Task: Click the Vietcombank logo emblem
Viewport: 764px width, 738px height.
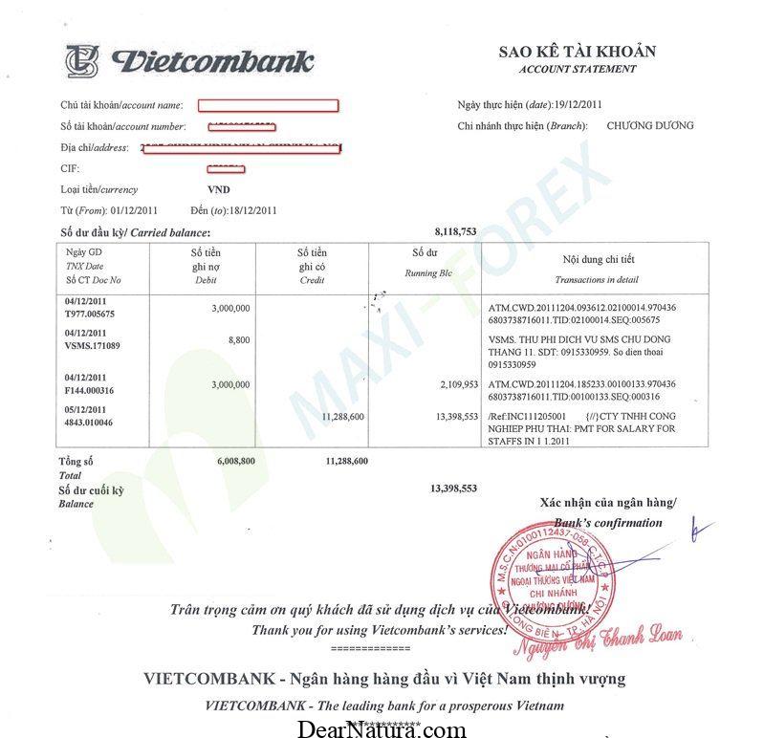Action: pyautogui.click(x=82, y=60)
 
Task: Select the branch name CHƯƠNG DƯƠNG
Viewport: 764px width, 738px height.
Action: pyautogui.click(x=650, y=125)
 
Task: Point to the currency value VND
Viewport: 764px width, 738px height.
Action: pyautogui.click(x=218, y=189)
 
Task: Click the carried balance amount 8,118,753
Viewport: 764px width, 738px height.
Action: pyautogui.click(x=454, y=231)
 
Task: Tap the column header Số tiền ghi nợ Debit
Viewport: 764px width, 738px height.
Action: pyautogui.click(x=207, y=267)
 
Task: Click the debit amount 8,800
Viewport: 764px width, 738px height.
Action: pyautogui.click(x=239, y=339)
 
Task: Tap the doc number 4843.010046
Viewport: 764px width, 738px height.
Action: pyautogui.click(x=89, y=423)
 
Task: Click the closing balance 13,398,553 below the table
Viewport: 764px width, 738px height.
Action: pyautogui.click(x=453, y=488)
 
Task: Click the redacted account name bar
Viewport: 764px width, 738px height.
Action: pyautogui.click(x=269, y=105)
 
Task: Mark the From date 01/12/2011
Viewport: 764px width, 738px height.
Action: pyautogui.click(x=134, y=210)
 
